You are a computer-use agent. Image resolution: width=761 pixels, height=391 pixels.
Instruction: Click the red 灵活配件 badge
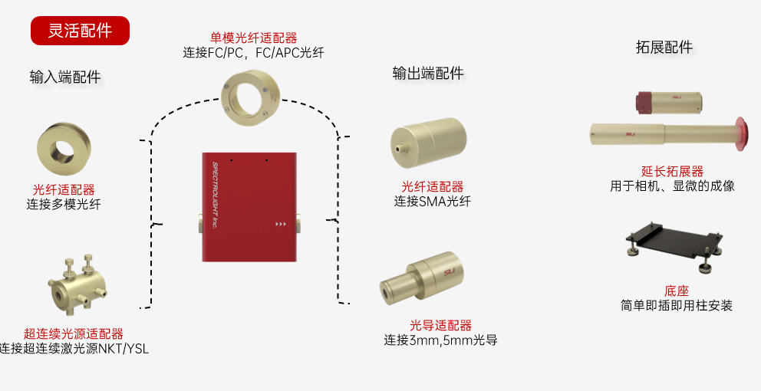tap(80, 31)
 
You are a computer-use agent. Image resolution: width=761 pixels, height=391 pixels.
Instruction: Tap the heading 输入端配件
tap(65, 77)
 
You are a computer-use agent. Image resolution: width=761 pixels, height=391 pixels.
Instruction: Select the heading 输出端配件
tap(428, 74)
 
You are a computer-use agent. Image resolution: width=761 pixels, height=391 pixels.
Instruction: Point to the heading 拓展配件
tap(664, 48)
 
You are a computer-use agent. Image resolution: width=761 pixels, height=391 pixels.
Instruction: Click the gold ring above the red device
tap(251, 95)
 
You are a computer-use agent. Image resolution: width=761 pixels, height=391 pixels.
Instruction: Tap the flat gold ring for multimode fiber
tap(65, 149)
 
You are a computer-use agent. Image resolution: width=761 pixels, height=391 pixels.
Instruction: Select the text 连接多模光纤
tap(64, 204)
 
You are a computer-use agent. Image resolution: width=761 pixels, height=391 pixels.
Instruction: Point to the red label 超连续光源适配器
tap(74, 333)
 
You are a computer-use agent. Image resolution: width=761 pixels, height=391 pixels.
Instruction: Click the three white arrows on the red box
tap(281, 225)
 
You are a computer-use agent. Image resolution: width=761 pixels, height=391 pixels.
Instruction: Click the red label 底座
tap(677, 291)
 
